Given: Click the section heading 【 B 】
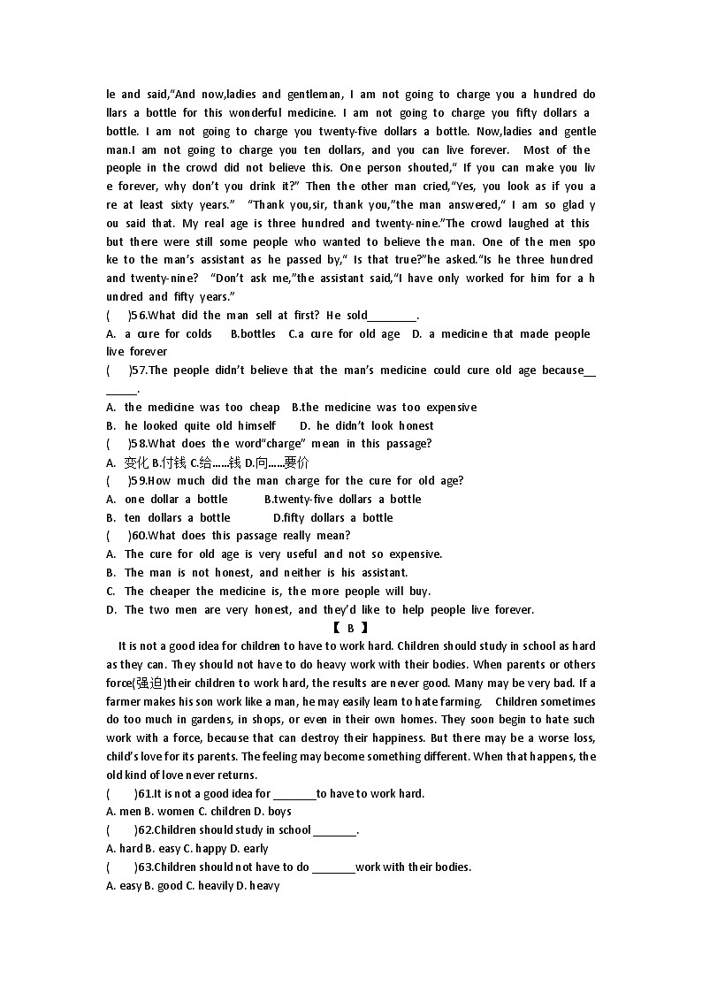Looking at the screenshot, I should tap(350, 628).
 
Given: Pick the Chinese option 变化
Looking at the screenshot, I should tap(136, 462).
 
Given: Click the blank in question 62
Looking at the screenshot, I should tap(335, 830).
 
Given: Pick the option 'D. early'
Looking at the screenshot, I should tap(247, 849).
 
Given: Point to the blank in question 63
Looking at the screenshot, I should tap(333, 867).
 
